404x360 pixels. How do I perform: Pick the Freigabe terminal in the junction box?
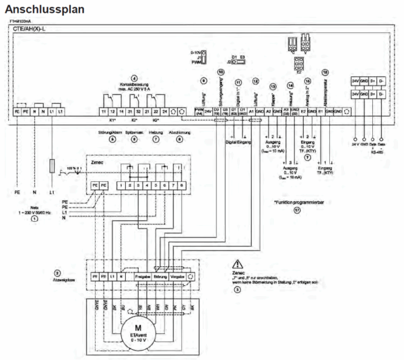pyautogui.click(x=142, y=277)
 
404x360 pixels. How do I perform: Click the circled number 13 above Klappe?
pyautogui.click(x=273, y=88)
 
